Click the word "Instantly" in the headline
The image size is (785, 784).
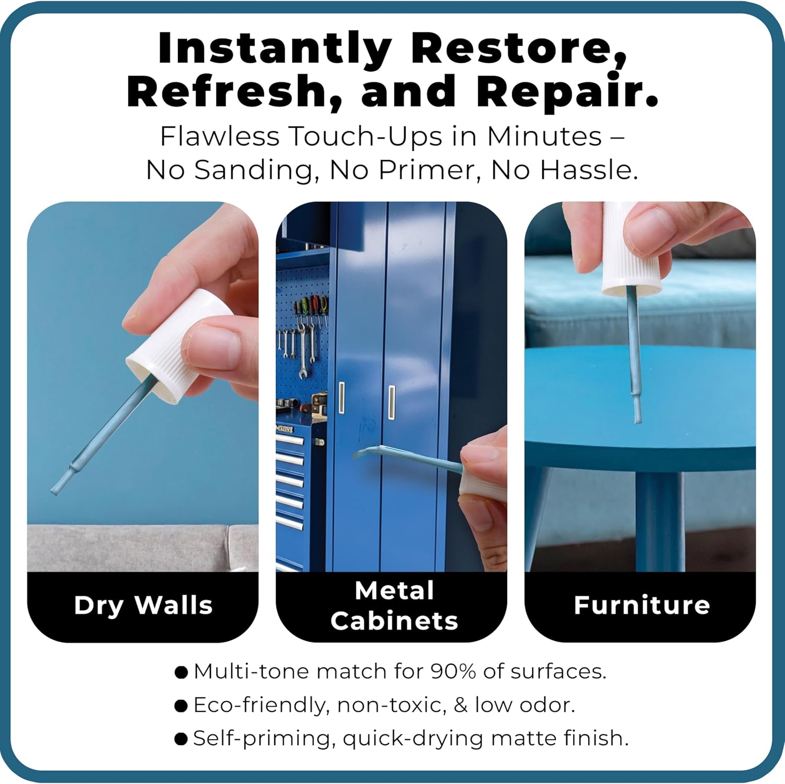pyautogui.click(x=275, y=48)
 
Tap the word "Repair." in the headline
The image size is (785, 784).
pyautogui.click(x=567, y=91)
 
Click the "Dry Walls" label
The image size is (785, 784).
pyautogui.click(x=143, y=606)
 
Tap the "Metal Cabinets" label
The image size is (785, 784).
pyautogui.click(x=394, y=606)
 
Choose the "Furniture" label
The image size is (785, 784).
pyautogui.click(x=642, y=605)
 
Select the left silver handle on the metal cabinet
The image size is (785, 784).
pyautogui.click(x=342, y=398)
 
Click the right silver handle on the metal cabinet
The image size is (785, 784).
pyautogui.click(x=391, y=402)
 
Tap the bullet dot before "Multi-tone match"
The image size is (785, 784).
pyautogui.click(x=181, y=672)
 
